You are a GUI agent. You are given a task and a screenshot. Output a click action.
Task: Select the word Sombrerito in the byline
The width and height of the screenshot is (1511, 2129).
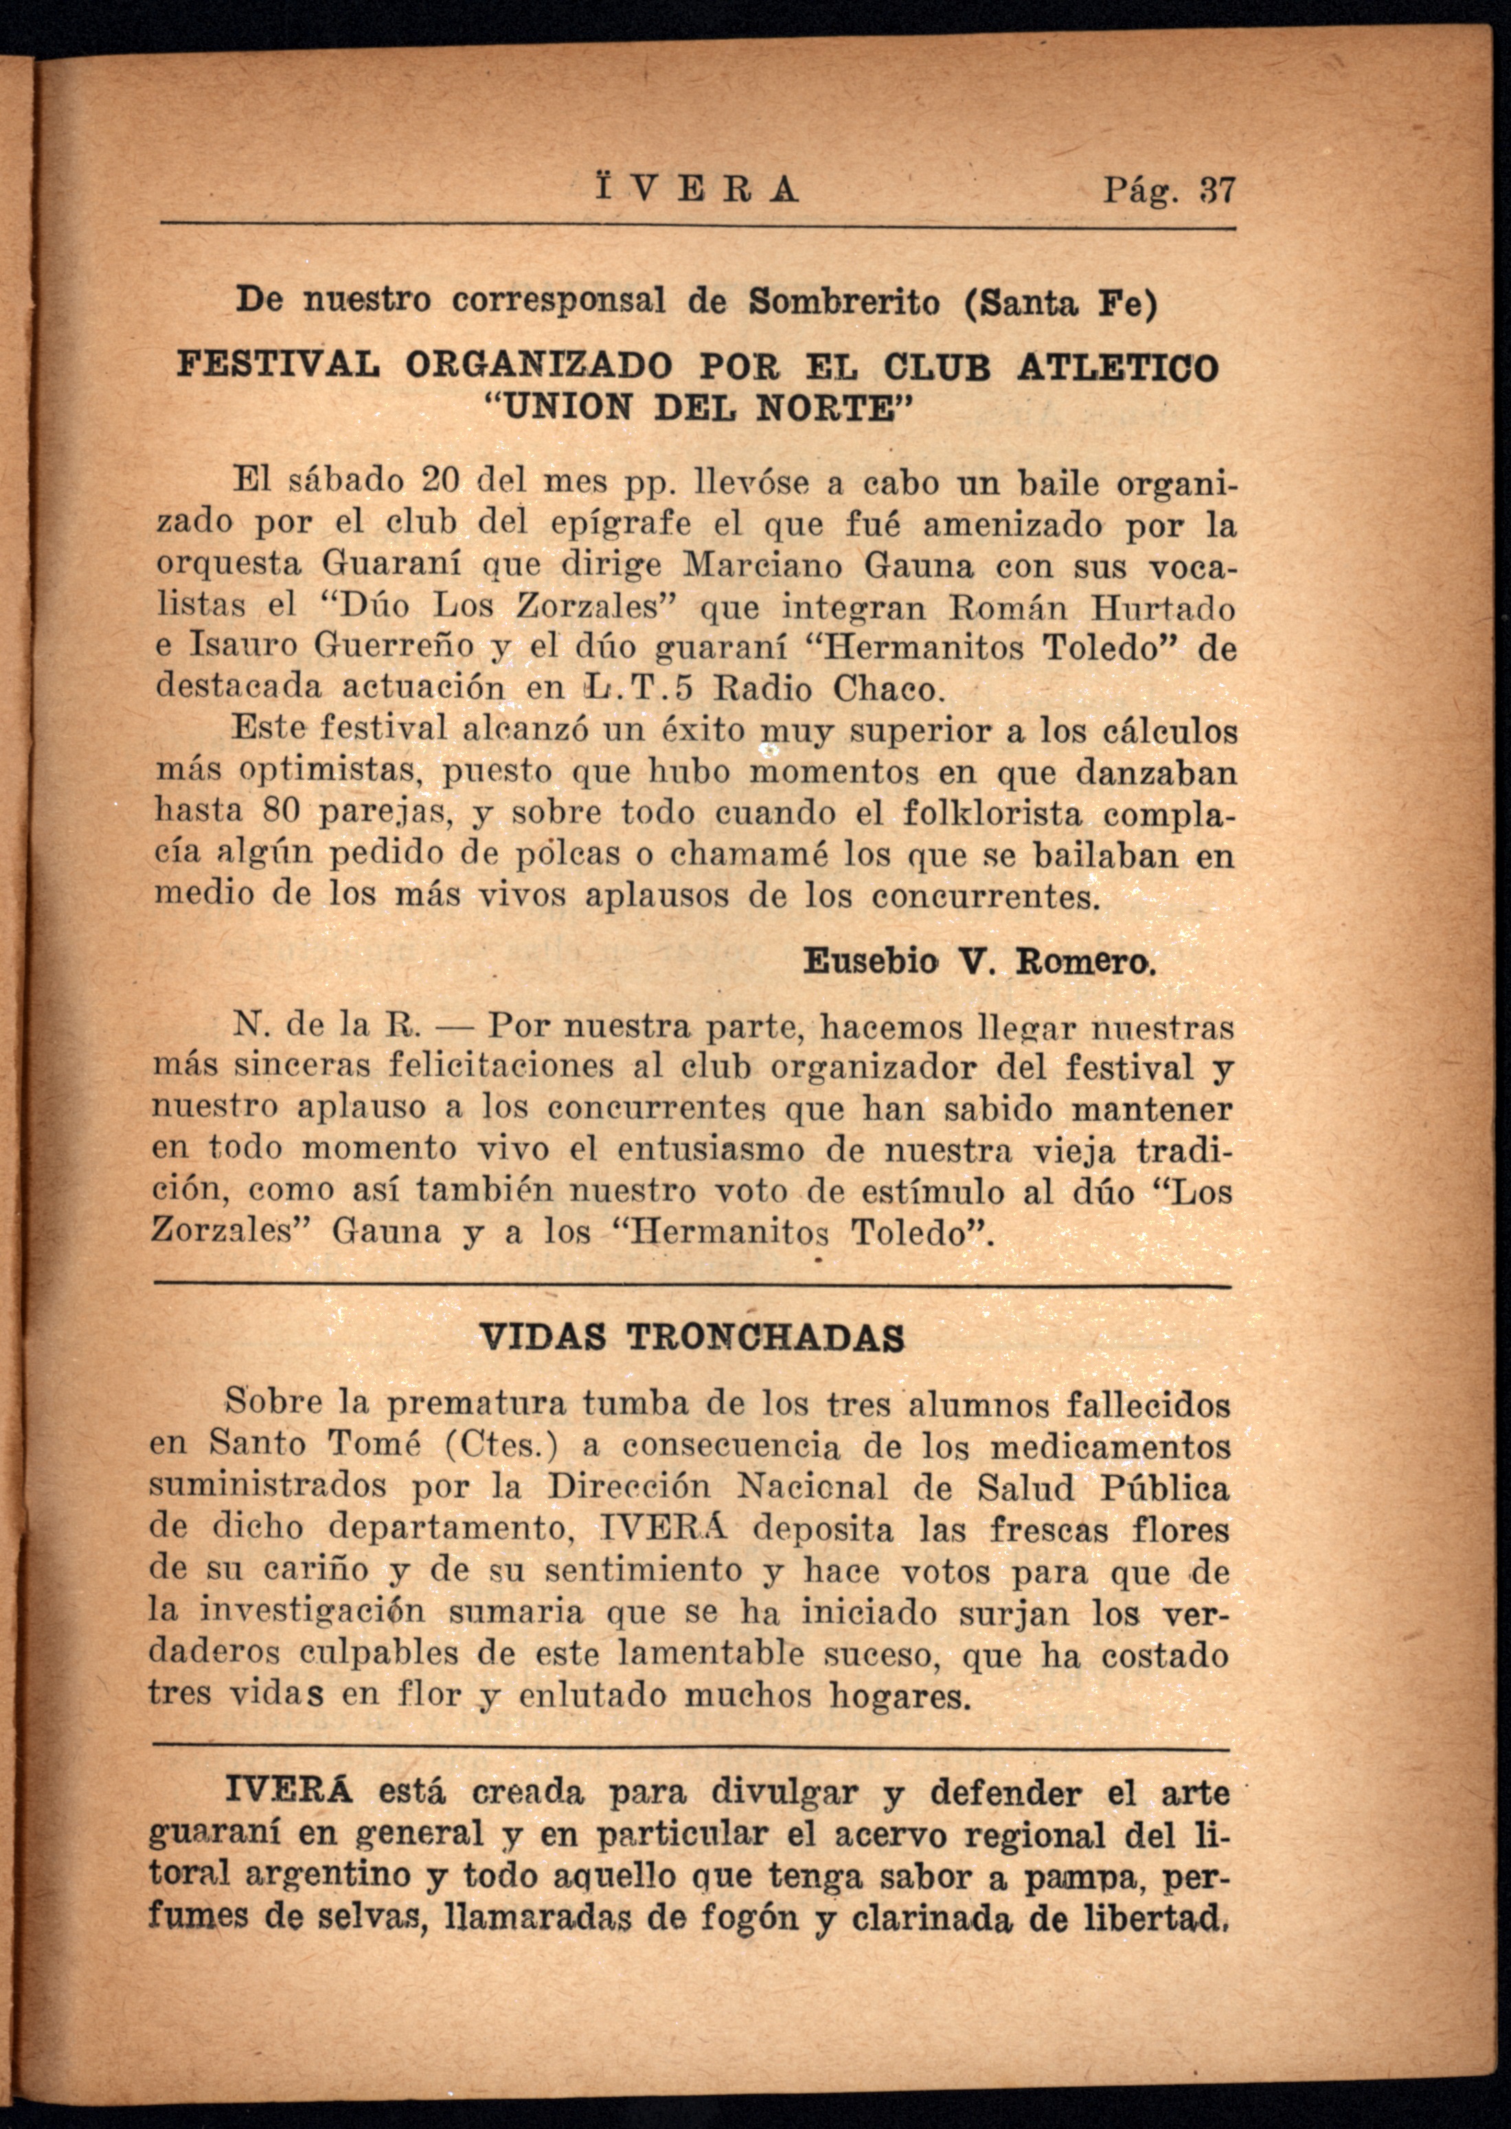pyautogui.click(x=844, y=301)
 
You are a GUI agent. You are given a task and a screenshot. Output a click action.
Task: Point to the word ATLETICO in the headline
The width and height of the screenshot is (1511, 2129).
pyautogui.click(x=1117, y=367)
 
